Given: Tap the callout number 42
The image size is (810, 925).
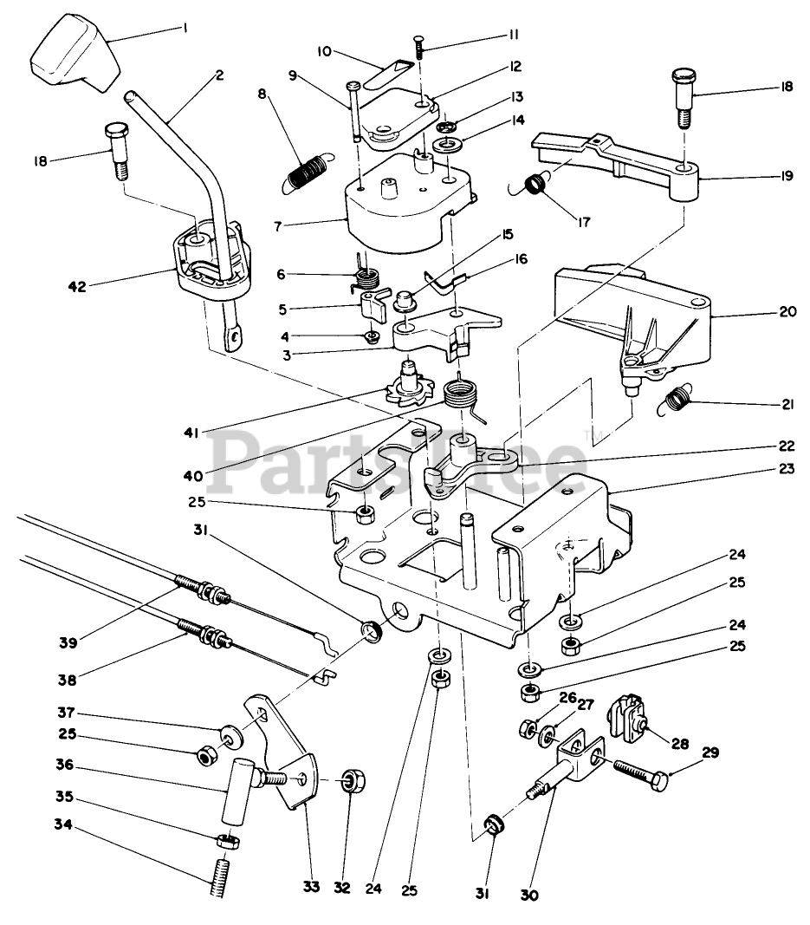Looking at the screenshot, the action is [77, 287].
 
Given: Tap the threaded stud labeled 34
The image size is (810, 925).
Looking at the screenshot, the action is [218, 877].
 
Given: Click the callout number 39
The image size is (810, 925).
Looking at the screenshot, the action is [68, 642].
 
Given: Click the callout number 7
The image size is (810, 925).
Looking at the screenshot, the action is [278, 226].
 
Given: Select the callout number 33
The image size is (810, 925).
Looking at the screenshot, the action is [311, 887].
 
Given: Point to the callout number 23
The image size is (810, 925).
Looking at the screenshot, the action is [787, 468].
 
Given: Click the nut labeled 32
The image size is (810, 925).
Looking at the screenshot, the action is [353, 782].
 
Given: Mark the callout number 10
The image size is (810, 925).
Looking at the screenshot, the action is [325, 51].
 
